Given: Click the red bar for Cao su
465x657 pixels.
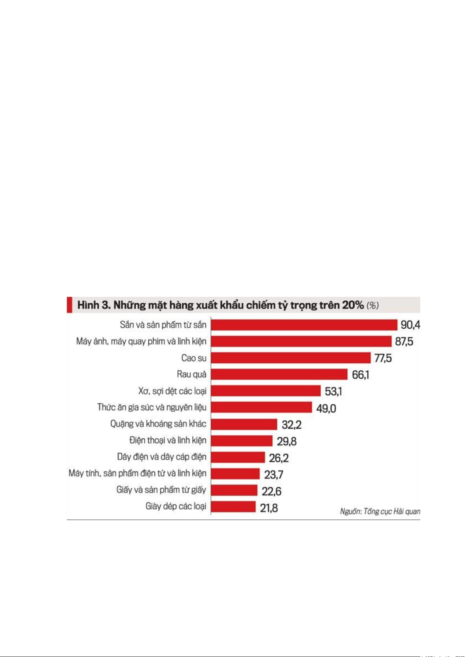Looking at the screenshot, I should tap(291, 358).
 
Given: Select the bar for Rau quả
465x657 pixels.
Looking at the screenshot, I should tap(279, 374).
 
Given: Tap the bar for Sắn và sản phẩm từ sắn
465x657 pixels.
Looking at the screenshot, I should tap(304, 324).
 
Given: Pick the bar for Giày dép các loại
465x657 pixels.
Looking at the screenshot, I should tap(233, 506).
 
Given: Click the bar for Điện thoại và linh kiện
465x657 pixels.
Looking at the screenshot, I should tap(241, 441).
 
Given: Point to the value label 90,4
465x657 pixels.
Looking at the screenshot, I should tap(410, 325).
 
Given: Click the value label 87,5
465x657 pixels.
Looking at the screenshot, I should tap(404, 342).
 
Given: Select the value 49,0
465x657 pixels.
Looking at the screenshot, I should tap(326, 408).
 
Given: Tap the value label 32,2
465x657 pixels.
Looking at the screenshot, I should tap(291, 425).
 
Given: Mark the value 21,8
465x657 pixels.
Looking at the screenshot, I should tap(269, 508).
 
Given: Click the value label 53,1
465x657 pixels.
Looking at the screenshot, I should tap(333, 391).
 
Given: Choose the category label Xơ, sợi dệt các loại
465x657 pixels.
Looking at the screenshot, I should tap(172, 391).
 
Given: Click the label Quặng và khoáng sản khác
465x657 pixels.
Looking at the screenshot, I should tap(158, 424).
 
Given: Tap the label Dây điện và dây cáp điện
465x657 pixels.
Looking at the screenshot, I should tap(162, 457).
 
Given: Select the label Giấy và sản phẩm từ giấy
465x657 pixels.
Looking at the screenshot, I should tap(161, 490).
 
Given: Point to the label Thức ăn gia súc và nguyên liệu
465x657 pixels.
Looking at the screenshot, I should tap(152, 407).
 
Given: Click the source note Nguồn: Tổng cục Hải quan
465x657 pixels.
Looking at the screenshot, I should tap(380, 511).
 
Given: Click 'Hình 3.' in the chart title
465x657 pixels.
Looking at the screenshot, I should tap(94, 305).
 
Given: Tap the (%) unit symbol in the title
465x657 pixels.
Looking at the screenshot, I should tap(373, 305).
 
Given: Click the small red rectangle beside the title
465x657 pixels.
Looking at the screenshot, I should tap(69, 305).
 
